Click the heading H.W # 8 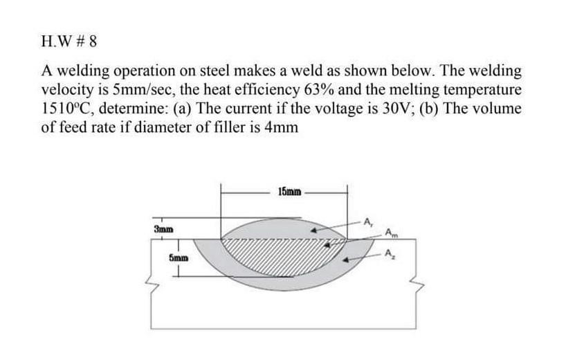click(69, 40)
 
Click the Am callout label click(391, 232)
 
